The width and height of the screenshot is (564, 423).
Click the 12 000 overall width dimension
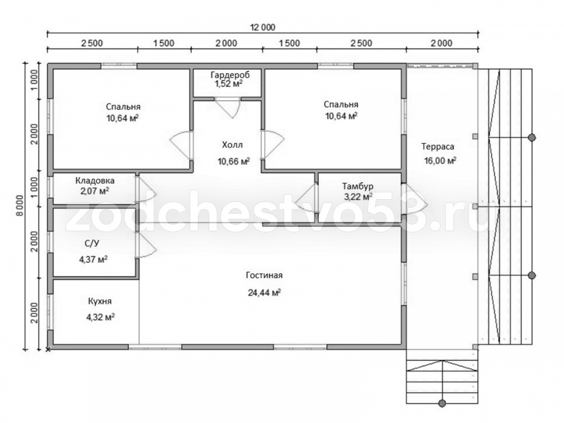263,27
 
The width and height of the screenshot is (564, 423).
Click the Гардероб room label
230,75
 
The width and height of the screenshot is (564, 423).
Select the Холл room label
232,145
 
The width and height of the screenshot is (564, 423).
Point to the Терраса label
438,147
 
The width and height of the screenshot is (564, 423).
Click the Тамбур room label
358,186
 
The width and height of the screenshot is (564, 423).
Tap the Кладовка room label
95,180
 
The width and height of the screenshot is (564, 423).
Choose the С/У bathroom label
92,244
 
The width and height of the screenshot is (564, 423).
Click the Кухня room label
100,301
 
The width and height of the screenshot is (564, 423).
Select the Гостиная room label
265,276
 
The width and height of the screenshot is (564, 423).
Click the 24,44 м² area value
265,293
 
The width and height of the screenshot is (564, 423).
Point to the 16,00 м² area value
440,160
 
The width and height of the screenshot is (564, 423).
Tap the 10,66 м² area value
234,161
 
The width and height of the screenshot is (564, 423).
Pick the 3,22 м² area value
358,197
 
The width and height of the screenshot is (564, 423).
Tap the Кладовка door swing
146,188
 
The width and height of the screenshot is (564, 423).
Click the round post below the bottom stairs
442,403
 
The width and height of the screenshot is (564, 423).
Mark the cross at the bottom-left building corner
48,349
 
